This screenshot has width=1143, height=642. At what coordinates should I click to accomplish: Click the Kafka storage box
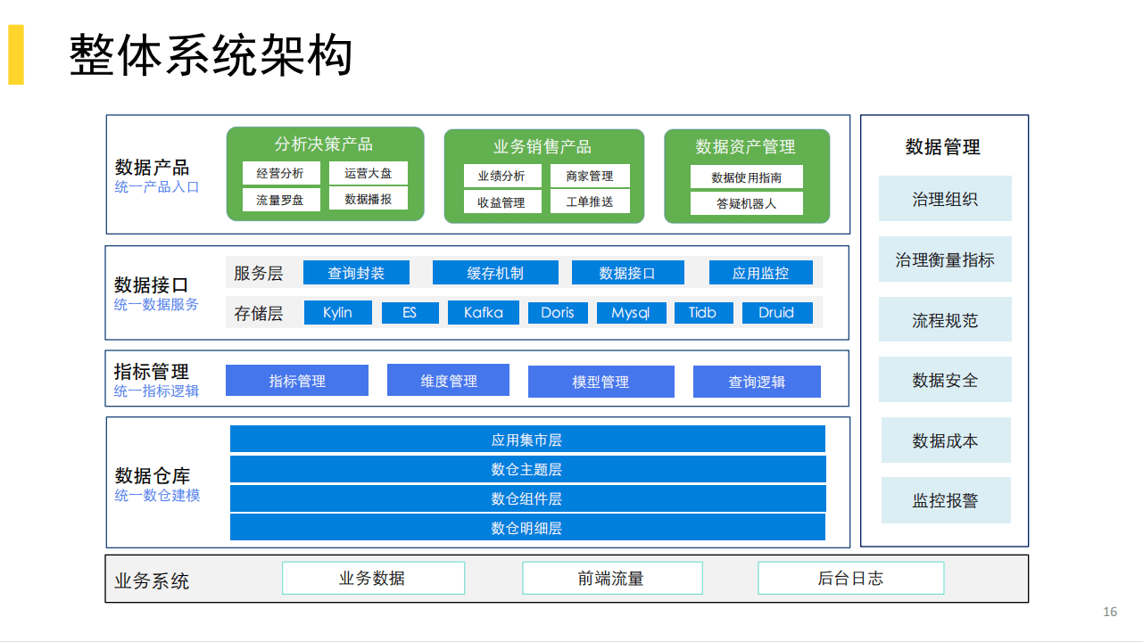click(x=483, y=313)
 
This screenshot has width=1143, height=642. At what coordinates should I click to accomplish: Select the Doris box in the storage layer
click(x=558, y=313)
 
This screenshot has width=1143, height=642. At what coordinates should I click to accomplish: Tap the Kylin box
click(x=337, y=313)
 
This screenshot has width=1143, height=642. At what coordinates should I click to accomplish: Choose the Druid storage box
click(x=775, y=313)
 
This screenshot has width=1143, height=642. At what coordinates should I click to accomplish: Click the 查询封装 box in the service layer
click(x=356, y=273)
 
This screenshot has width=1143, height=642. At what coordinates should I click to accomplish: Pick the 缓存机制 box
click(x=495, y=273)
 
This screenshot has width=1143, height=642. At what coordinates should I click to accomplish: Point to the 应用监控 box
click(x=760, y=273)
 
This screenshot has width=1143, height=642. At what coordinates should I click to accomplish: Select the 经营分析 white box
click(x=280, y=173)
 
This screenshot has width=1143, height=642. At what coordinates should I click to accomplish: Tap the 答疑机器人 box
click(x=746, y=203)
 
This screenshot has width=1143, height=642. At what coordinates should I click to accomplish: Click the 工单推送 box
click(x=589, y=202)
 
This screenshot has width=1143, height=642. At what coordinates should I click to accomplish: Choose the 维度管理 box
click(x=448, y=381)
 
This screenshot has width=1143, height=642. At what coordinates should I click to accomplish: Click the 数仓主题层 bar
click(x=527, y=469)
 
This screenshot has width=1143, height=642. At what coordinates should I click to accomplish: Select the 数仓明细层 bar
click(x=527, y=528)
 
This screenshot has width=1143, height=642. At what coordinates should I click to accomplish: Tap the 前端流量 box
click(x=611, y=578)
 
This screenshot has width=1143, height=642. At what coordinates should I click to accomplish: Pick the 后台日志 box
click(x=850, y=578)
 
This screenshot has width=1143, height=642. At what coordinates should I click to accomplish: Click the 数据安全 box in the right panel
click(x=945, y=380)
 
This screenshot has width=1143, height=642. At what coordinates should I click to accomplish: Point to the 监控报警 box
click(x=945, y=500)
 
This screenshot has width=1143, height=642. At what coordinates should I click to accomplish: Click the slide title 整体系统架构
click(x=211, y=55)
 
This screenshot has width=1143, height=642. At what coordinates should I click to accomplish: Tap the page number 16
click(x=1110, y=612)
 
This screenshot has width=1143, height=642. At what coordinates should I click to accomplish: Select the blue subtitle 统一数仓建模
click(x=157, y=496)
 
